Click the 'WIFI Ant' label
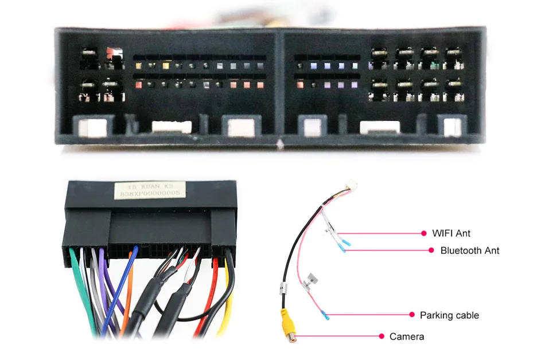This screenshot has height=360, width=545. click(x=451, y=233)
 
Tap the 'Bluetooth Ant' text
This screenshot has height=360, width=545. click(x=469, y=251)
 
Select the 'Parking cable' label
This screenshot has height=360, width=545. click(x=449, y=315)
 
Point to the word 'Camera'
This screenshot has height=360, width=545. click(x=407, y=336)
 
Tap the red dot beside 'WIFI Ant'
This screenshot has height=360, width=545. click(x=424, y=233)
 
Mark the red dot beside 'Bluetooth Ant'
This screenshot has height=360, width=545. click(x=431, y=251)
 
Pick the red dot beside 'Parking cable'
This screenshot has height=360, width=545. click(x=412, y=315)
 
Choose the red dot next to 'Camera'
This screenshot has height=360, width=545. click(x=381, y=336)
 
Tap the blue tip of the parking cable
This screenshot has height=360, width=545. click(x=326, y=315)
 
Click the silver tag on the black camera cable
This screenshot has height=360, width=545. click(x=283, y=289)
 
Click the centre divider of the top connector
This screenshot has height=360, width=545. click(x=280, y=86)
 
